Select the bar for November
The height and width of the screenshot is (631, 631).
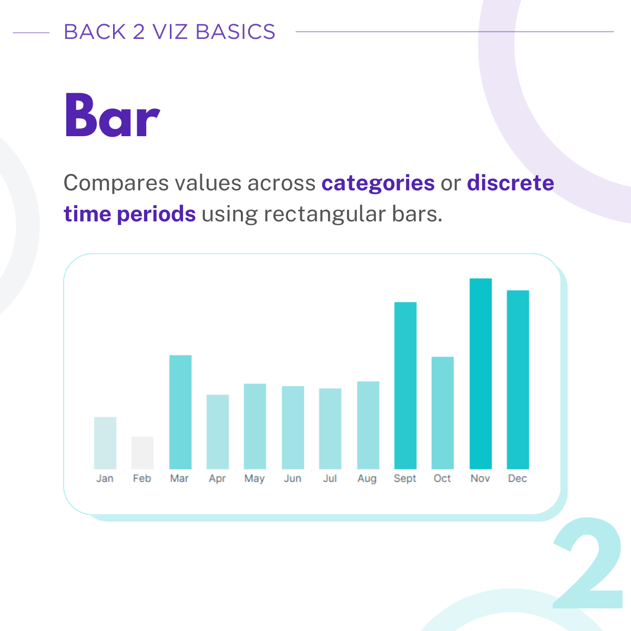481,374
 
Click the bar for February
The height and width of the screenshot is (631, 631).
143,453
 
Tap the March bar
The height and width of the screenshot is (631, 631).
180,412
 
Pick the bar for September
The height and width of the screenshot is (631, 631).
405,385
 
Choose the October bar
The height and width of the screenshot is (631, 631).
443,413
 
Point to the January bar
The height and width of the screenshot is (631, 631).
105,443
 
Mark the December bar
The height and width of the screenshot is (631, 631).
518,380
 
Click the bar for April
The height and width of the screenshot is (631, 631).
218,432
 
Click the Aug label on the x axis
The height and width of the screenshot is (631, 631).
367,479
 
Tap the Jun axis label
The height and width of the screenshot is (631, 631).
292,479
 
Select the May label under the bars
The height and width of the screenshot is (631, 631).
255,479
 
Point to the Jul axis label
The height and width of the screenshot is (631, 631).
330,479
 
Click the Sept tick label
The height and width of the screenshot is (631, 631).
405,479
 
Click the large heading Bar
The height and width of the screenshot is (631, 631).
113,115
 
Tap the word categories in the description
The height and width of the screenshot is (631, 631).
378,184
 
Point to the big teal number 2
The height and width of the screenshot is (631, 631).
588,563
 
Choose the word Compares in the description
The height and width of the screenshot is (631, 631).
116,184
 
